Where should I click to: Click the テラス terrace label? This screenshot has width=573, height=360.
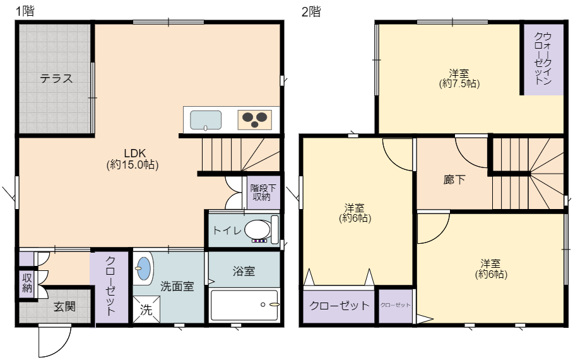[x=56, y=78]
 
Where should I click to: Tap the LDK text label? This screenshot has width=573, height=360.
[x=135, y=153]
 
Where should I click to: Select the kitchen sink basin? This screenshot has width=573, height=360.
[x=205, y=120]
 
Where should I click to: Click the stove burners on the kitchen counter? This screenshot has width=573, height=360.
[x=255, y=119]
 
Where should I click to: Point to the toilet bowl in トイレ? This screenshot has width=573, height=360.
[x=257, y=230]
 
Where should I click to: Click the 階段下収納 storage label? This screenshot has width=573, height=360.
[x=263, y=193]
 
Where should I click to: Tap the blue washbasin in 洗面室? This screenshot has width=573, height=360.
[x=144, y=268]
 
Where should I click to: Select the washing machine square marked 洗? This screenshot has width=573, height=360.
[x=146, y=309]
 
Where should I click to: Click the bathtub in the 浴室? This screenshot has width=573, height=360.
[x=244, y=305]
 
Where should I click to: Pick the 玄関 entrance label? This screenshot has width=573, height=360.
[x=64, y=306]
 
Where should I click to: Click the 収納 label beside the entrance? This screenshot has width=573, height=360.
[x=27, y=282]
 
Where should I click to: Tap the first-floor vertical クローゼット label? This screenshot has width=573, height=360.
[x=110, y=285]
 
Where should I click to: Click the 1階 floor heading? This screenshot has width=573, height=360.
[x=25, y=11]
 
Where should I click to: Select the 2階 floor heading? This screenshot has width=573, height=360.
[x=311, y=11]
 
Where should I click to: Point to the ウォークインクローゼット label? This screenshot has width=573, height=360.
[x=542, y=59]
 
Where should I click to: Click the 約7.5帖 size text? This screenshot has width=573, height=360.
[x=459, y=84]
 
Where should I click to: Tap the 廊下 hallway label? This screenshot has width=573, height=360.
[x=454, y=179]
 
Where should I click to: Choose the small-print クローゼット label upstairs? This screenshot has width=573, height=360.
[x=396, y=305]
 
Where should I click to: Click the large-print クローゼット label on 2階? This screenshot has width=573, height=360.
[x=339, y=306]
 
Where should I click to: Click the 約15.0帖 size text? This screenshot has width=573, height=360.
[x=133, y=165]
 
